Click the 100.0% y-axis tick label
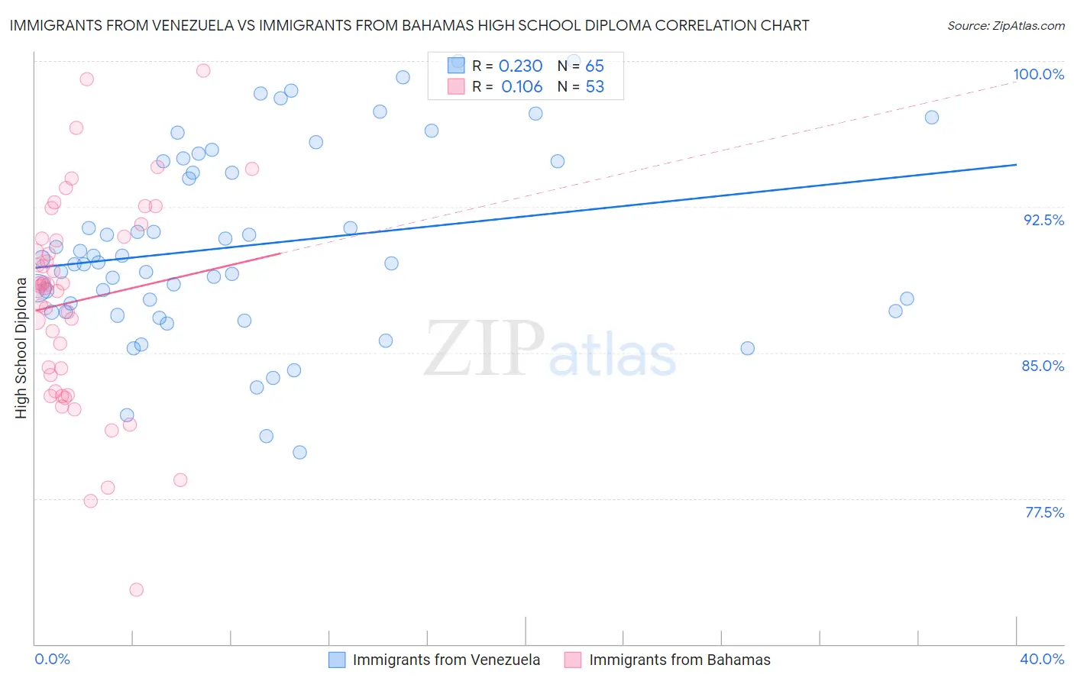tap(1038, 74)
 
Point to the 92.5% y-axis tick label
tap(1043, 220)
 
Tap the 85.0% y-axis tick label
tap(1043, 366)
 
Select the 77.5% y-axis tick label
tap(1044, 512)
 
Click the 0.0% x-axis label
tap(52, 659)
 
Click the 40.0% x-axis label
tap(1042, 659)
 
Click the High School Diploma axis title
tap(21, 348)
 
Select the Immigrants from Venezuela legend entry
tap(435, 660)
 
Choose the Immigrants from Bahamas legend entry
tap(668, 660)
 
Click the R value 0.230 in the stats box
tap(520, 66)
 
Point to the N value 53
tap(594, 87)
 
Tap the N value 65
tap(594, 66)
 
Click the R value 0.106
tap(522, 87)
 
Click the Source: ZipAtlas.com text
tap(1005, 26)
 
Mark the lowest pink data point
tap(137, 589)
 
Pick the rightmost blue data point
tap(932, 118)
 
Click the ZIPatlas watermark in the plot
tap(550, 349)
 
